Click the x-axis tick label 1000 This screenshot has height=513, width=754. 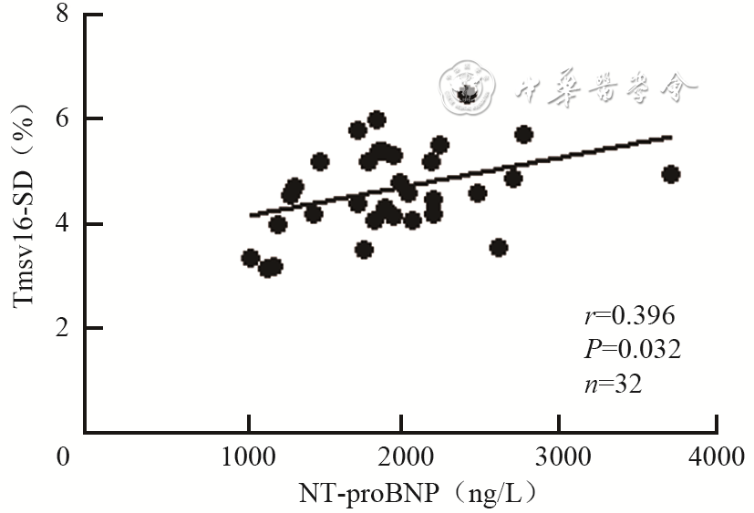(x=247, y=455)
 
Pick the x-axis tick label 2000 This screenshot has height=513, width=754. (x=404, y=455)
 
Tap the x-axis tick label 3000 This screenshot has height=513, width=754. (x=560, y=455)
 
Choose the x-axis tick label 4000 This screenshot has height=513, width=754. (x=716, y=455)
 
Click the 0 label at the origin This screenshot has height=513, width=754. (x=63, y=455)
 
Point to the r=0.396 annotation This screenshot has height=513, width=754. (x=628, y=316)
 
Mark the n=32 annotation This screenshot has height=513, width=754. (x=613, y=384)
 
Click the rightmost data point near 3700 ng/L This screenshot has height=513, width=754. (x=671, y=174)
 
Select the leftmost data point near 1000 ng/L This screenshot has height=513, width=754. (x=250, y=258)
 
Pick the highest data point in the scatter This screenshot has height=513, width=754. (x=377, y=119)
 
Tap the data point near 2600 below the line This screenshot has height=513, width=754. (x=498, y=247)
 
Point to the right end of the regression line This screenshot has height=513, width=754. (x=672, y=137)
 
